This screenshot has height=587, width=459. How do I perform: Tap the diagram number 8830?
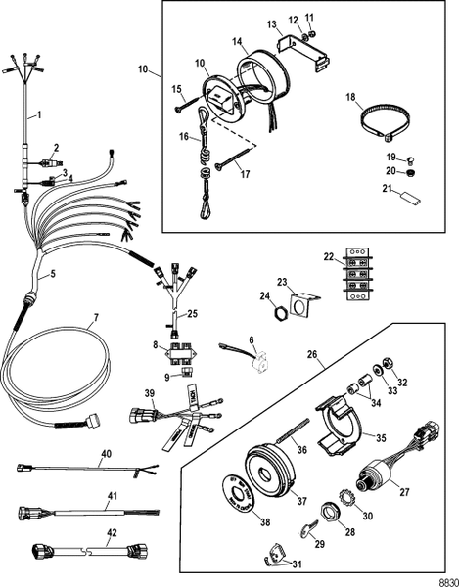(441, 577)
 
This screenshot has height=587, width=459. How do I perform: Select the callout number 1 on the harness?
(38, 115)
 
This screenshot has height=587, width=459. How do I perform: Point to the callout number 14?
(235, 43)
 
